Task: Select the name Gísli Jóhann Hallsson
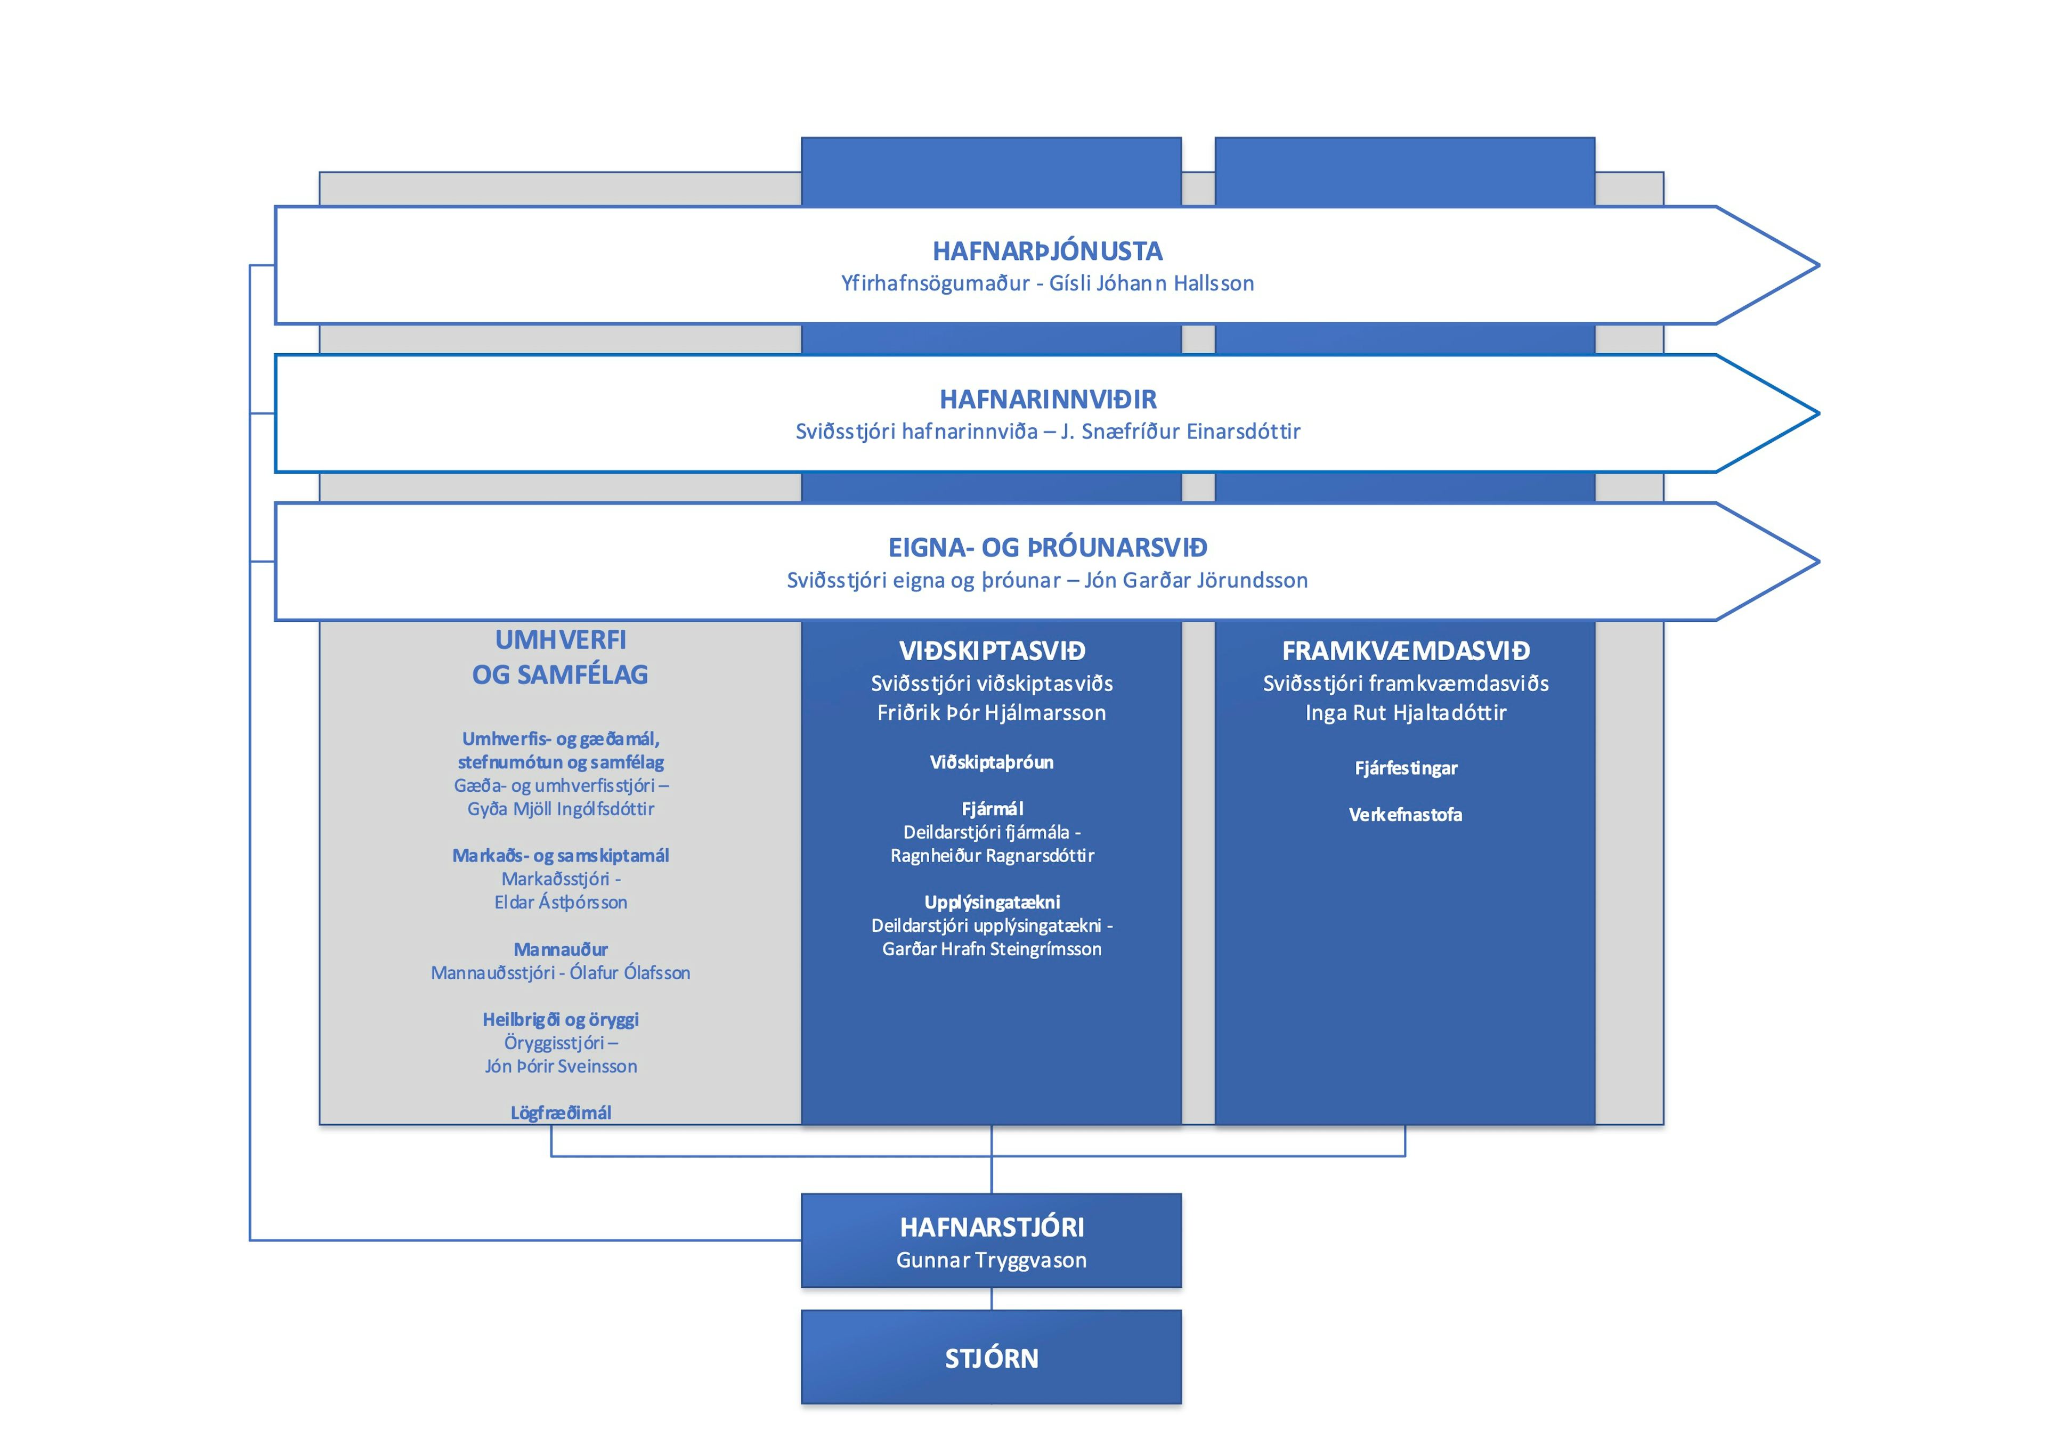1151,283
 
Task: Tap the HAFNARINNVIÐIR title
1048,399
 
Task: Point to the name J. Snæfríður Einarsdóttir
1181,431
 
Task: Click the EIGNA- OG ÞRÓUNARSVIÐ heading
1048,547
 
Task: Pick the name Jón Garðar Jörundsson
1196,580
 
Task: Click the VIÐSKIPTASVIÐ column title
992,651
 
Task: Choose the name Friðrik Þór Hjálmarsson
992,713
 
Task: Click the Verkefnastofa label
1405,814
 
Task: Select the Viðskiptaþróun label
992,762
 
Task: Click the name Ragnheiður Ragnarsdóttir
992,855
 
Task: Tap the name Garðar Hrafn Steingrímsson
992,949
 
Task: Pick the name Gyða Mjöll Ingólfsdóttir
561,809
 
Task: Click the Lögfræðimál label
561,1113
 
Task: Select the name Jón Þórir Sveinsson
561,1067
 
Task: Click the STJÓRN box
992,1357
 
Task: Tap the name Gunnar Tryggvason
992,1260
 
